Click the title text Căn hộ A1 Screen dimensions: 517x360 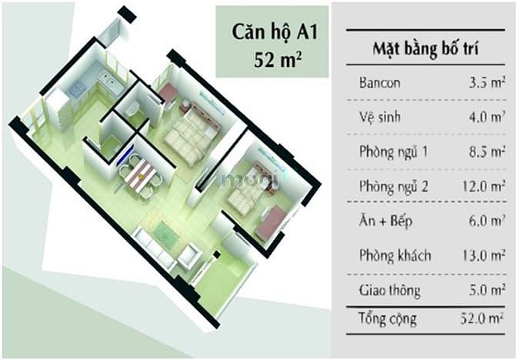pos(275,33)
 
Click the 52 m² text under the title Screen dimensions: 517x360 pos(278,60)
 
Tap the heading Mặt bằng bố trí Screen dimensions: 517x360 pos(425,48)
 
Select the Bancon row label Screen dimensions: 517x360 pos(380,82)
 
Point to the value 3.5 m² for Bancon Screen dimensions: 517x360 pos(487,82)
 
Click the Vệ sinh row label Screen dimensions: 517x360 pos(380,117)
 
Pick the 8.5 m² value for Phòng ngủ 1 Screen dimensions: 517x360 pos(487,152)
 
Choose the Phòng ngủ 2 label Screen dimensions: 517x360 pos(394,186)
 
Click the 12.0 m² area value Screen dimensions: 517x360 pos(484,186)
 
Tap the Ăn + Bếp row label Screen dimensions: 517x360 pos(385,221)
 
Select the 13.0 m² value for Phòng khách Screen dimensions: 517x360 pos(484,255)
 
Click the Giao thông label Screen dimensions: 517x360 pos(390,291)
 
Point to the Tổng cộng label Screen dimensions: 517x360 pos(388,319)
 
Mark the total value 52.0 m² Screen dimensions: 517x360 pos(482,318)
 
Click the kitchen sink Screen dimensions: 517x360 pos(111,82)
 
